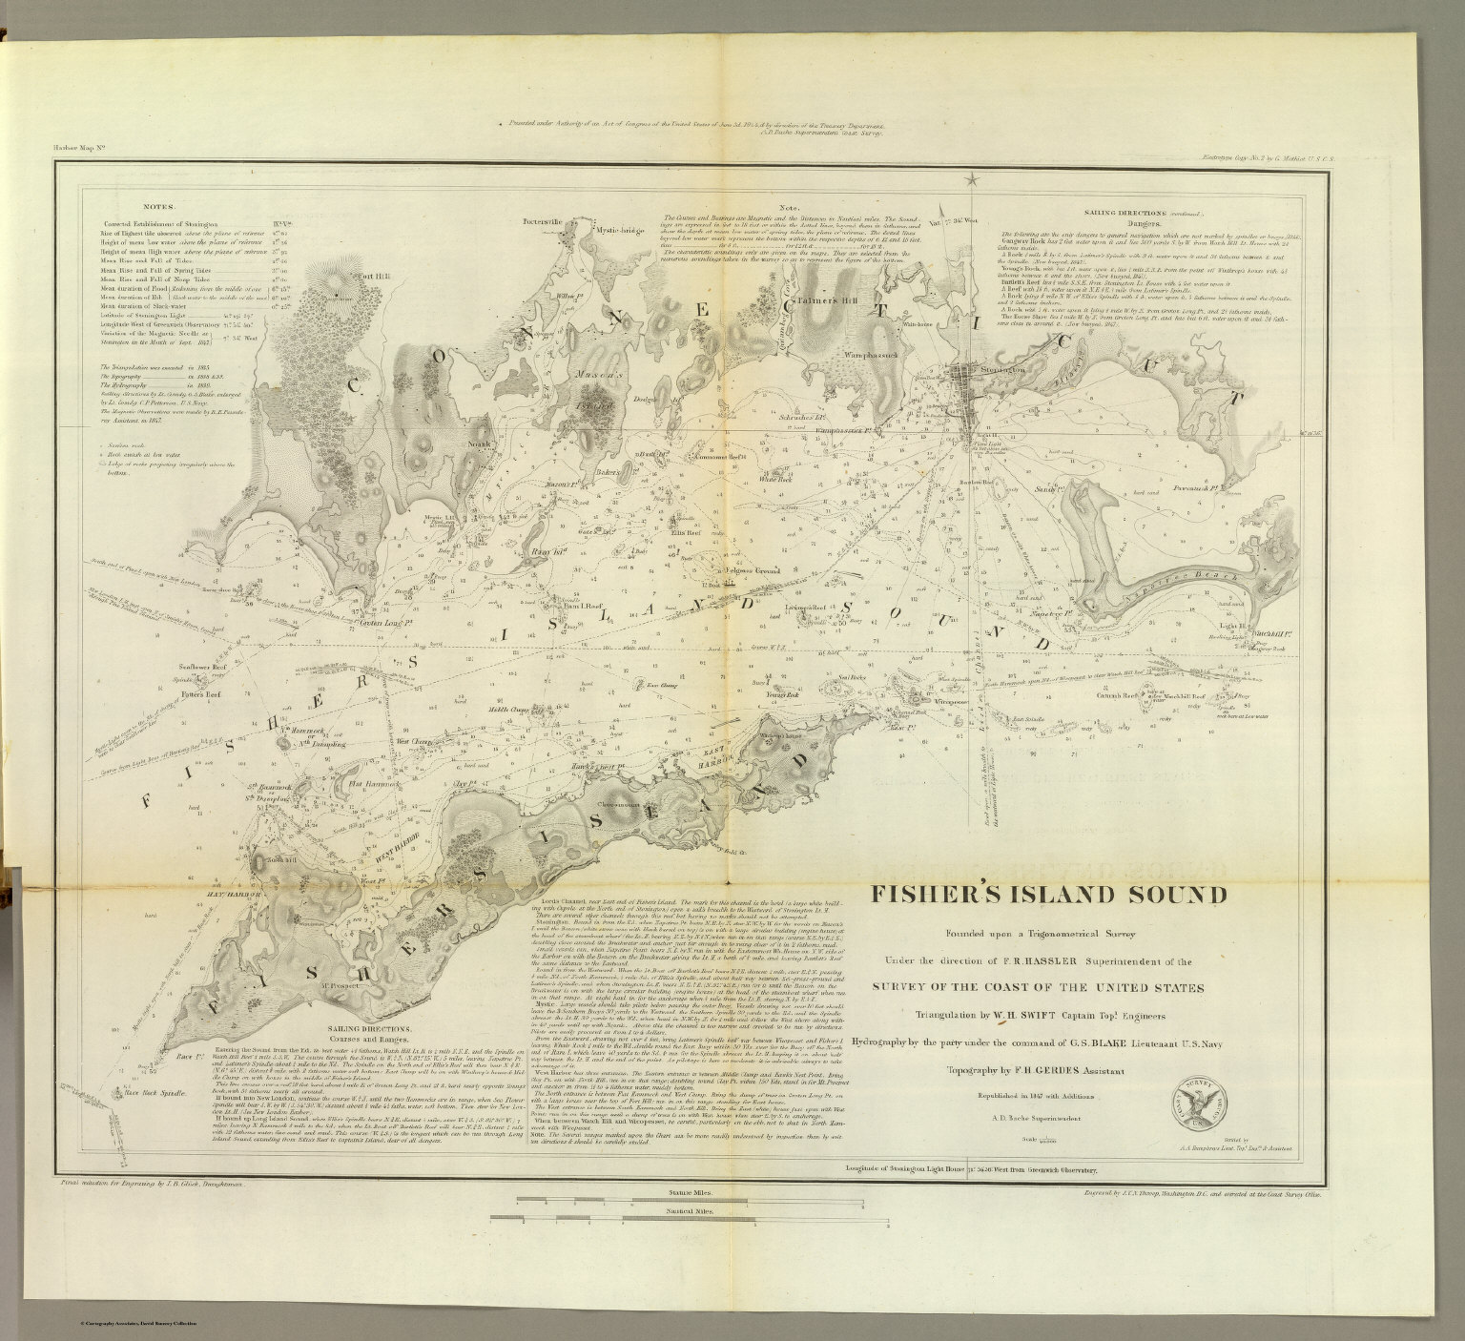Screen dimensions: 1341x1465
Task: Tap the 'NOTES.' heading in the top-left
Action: (158, 205)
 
